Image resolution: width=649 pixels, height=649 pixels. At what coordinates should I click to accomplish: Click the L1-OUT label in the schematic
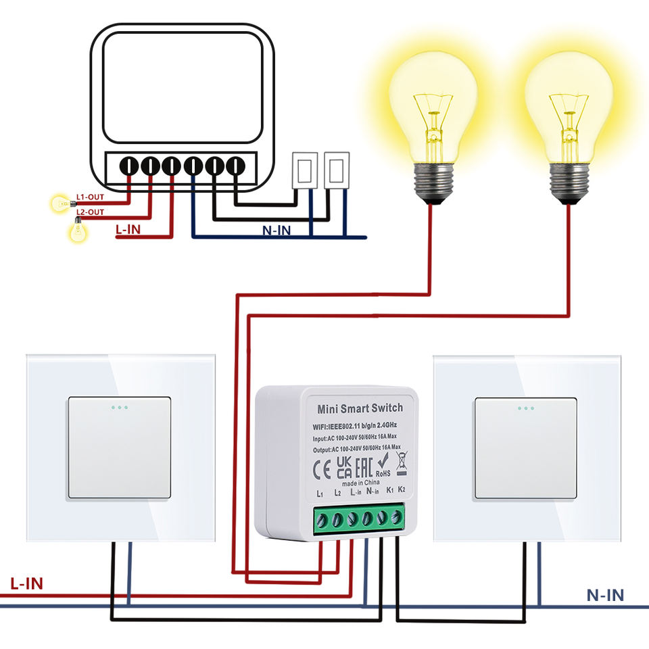(x=90, y=197)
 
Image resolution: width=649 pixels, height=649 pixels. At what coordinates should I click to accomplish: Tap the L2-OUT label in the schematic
(x=90, y=212)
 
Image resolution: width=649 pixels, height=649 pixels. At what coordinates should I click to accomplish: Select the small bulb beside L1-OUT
(x=63, y=203)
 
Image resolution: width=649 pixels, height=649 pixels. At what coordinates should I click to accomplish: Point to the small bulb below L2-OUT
(x=78, y=229)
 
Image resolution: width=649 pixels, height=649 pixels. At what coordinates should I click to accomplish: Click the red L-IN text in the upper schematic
(x=128, y=229)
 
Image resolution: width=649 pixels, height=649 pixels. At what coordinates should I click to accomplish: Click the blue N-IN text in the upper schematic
(x=277, y=231)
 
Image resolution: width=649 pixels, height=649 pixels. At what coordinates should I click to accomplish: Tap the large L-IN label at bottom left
(x=26, y=583)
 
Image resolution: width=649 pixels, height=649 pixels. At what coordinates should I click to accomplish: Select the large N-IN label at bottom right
(x=605, y=595)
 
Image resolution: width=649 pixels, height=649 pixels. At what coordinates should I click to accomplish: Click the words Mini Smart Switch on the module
(x=360, y=408)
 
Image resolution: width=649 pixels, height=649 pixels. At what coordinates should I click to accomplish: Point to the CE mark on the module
(x=322, y=470)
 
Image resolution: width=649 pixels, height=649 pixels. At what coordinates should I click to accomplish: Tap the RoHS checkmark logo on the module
(x=383, y=464)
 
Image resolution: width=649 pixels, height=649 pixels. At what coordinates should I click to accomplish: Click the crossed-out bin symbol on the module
(x=402, y=462)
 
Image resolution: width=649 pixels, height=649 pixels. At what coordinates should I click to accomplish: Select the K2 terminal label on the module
(x=402, y=489)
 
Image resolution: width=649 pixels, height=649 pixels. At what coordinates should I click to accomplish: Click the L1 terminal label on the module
(x=320, y=494)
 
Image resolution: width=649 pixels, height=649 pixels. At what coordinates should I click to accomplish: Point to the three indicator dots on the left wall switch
(x=119, y=408)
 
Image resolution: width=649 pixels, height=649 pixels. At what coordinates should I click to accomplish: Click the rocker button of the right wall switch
(x=526, y=448)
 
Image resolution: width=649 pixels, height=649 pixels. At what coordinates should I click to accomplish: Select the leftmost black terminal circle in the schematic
(x=128, y=166)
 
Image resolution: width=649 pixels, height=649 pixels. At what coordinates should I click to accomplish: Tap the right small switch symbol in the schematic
(x=337, y=170)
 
